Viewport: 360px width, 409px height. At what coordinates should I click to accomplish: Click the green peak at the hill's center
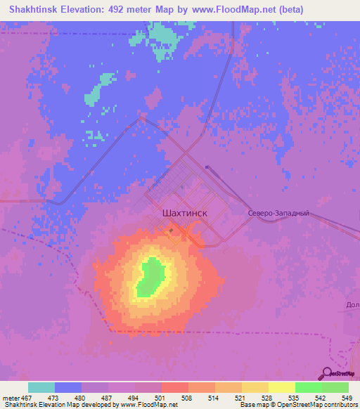pos(149,277)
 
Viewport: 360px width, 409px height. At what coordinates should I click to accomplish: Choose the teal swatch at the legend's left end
pos(41,388)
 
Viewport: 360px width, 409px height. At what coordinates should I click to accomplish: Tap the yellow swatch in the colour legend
pos(281,388)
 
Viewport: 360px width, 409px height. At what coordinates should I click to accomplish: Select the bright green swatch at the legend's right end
pos(335,388)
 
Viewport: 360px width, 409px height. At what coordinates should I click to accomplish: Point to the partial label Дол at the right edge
pos(352,305)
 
